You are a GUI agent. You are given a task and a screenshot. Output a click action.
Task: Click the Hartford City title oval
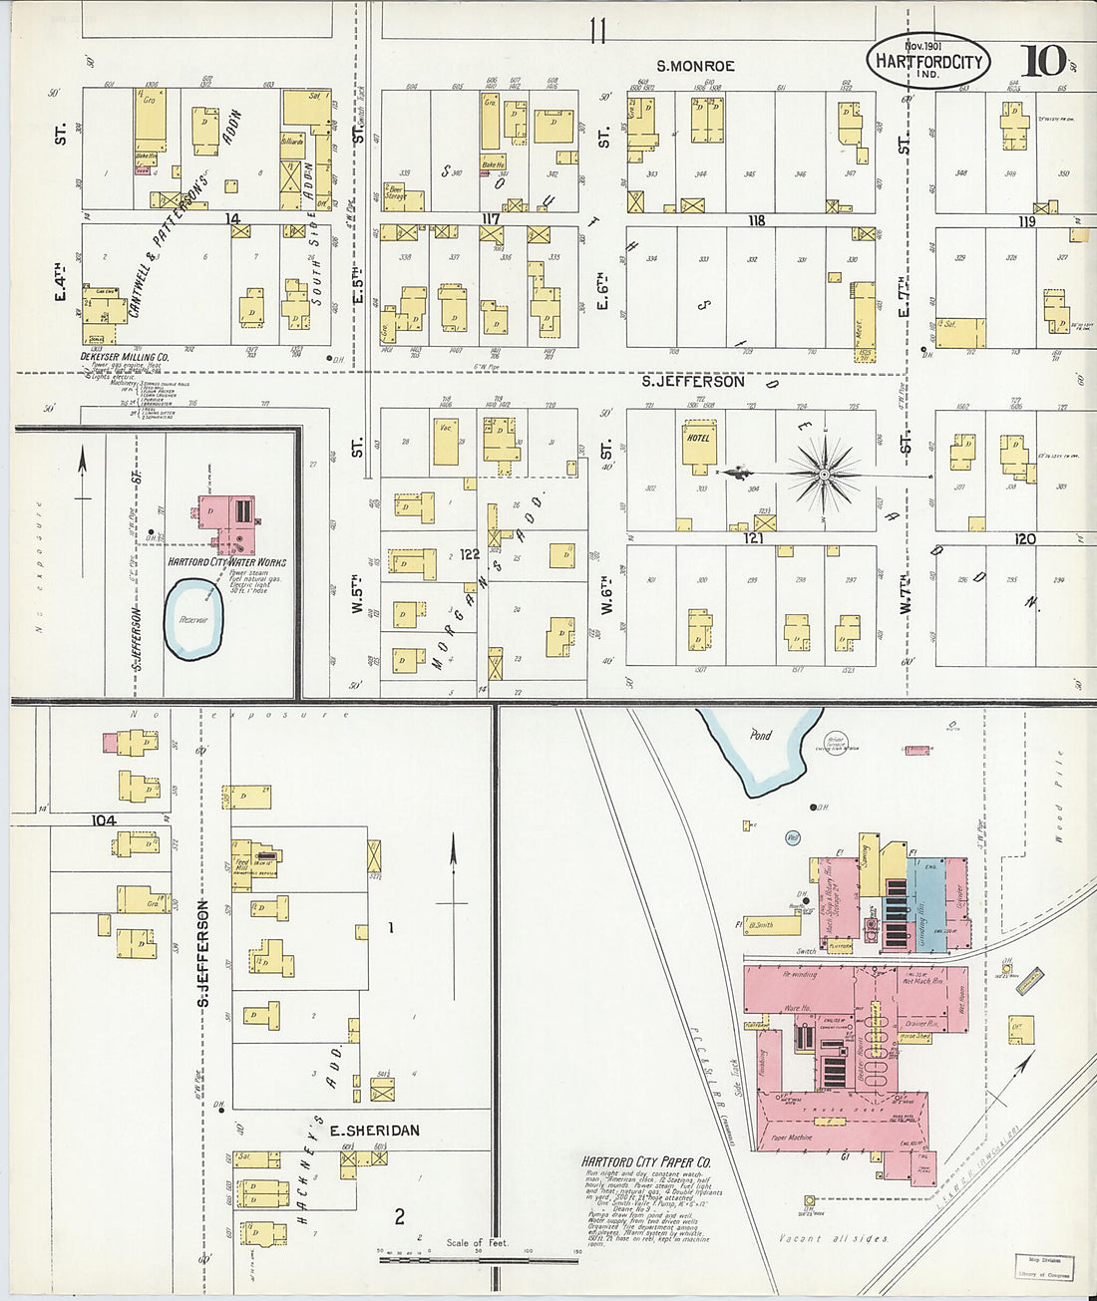coord(928,61)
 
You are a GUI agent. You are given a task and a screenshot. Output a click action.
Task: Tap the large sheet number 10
coord(1042,61)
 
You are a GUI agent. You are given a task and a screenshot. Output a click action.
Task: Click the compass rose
coord(824,475)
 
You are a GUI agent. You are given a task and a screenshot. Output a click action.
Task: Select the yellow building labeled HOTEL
coord(699,443)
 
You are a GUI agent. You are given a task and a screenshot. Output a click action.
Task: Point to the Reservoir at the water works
coord(193,620)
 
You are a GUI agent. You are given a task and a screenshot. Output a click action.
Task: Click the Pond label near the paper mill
coord(761,735)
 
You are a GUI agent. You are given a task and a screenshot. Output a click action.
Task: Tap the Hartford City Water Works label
coord(226,562)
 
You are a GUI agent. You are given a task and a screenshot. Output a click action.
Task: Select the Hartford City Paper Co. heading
coord(646,1161)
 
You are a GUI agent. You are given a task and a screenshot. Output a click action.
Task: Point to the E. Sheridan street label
coord(374,1131)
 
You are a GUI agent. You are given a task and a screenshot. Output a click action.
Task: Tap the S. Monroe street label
coord(695,66)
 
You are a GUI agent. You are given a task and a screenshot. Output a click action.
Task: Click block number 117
coord(490,218)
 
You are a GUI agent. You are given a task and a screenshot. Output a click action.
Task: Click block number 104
coord(104,820)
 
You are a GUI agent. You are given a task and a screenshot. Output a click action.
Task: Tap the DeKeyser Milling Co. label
coord(125,356)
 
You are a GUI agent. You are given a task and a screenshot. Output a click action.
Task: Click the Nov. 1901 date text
coord(923,46)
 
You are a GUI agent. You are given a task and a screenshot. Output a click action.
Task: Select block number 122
coord(470,553)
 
